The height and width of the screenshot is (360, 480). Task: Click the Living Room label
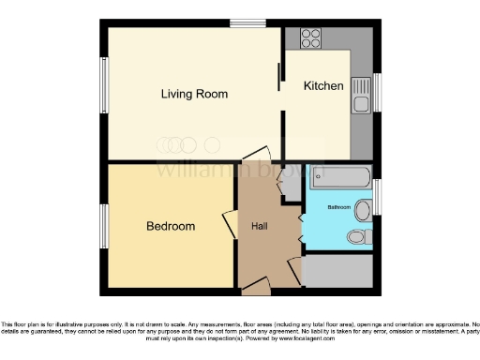tap(194, 94)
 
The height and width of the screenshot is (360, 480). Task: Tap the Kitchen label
tap(323, 86)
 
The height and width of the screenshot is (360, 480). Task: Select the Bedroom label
tap(171, 226)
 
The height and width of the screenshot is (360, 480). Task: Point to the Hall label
tap(262, 226)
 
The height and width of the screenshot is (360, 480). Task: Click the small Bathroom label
tap(338, 206)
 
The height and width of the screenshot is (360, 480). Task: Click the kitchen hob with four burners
tap(310, 38)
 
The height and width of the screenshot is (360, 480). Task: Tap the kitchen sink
tap(362, 97)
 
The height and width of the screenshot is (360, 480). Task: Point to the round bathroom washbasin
tap(361, 209)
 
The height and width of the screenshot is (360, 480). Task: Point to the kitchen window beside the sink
tap(376, 91)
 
